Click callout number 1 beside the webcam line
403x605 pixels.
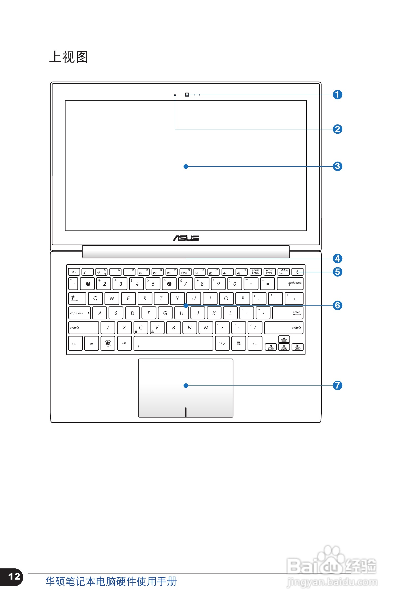[x=337, y=95]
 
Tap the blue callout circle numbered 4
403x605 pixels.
[x=337, y=258]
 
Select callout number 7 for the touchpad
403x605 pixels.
[x=337, y=385]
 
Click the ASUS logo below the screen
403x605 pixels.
[x=186, y=238]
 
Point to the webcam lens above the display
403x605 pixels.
[x=187, y=95]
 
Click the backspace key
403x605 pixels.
[x=290, y=284]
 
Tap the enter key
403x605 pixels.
[x=288, y=313]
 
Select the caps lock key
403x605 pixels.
[x=79, y=313]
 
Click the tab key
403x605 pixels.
[x=77, y=298]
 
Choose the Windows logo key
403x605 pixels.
[x=108, y=343]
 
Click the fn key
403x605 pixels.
[x=91, y=343]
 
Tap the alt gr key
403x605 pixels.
[x=222, y=343]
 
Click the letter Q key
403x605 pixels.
[x=95, y=298]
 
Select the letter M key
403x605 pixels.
[x=206, y=328]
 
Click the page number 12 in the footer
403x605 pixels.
[x=14, y=576]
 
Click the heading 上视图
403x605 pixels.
[x=68, y=57]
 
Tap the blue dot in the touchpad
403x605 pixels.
[x=186, y=385]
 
